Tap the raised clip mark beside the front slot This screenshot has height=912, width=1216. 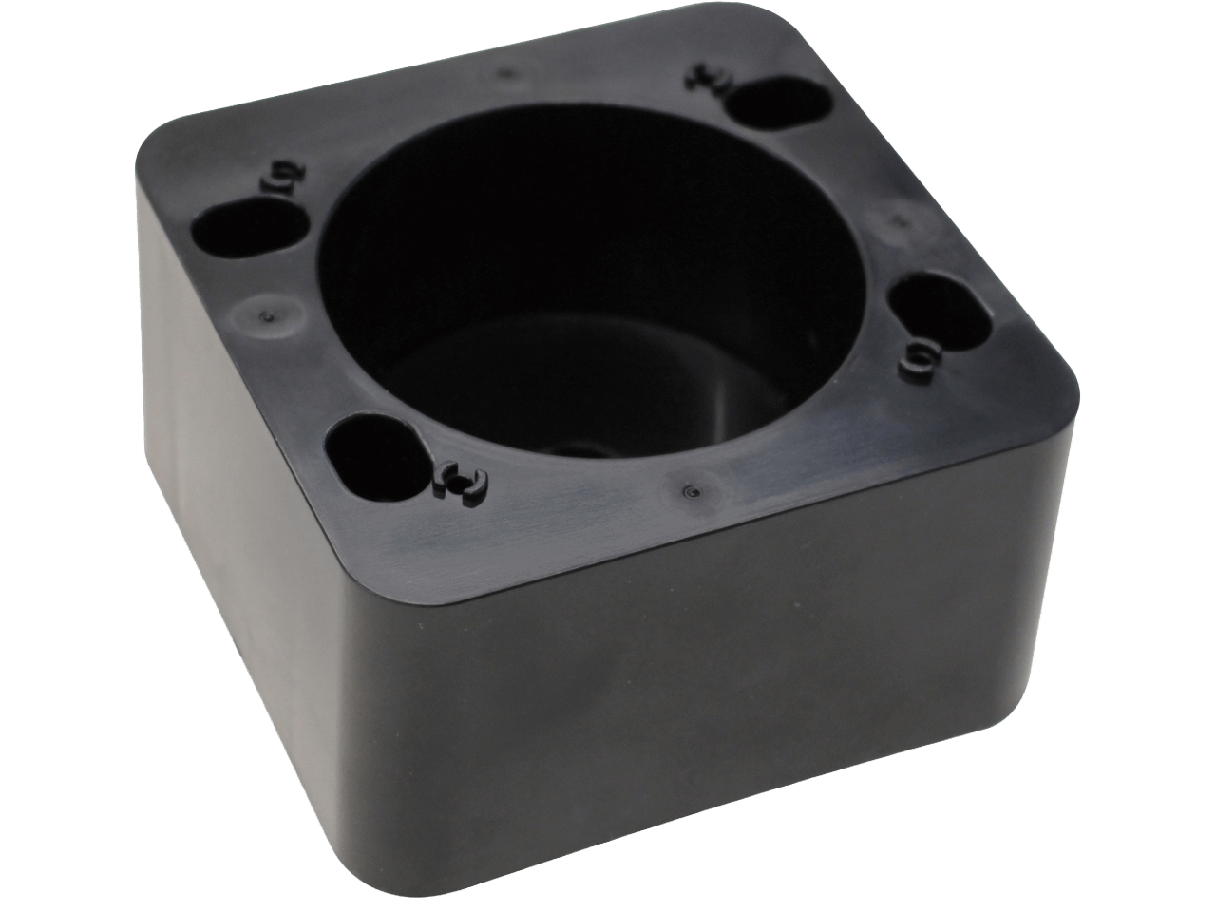point(460,482)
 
